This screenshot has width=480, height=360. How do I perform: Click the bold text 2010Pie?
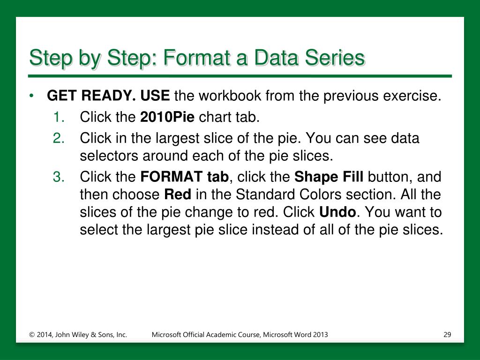point(167,117)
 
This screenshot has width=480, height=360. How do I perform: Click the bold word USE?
point(155,96)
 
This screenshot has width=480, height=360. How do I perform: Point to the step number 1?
point(59,117)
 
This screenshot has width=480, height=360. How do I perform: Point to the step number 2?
point(59,138)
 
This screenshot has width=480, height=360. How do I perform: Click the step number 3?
point(59,177)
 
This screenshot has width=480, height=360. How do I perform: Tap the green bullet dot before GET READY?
point(31,96)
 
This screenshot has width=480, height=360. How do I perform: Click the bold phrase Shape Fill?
point(329,177)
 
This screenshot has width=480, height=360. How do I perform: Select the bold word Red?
point(178,195)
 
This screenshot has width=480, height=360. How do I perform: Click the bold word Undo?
point(337,212)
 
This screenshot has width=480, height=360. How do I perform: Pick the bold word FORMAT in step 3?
point(171,177)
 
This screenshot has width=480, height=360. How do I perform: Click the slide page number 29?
point(447,335)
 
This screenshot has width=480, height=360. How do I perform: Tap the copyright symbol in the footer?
point(32,335)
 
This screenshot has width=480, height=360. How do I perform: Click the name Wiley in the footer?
point(81,335)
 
